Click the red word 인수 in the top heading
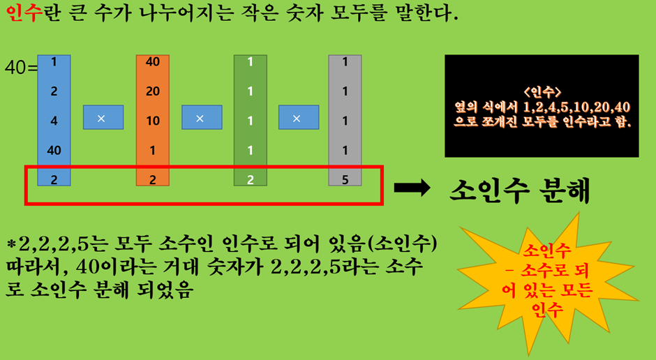coord(20,13)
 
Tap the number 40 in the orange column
coord(153,61)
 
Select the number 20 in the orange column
coord(153,91)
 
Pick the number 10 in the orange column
coord(153,120)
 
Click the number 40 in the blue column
coord(54,150)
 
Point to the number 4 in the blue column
coord(54,120)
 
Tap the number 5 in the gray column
coord(345,179)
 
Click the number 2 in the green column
coord(250,179)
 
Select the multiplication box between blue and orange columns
coord(103,117)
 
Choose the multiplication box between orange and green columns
coord(202,117)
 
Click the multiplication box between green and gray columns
coord(299,117)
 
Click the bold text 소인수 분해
coord(519,189)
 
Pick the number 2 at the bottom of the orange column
coord(153,179)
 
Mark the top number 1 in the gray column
coord(345,61)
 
